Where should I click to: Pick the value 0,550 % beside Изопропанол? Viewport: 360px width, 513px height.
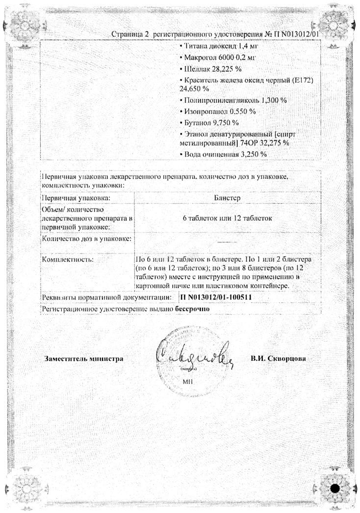click(x=241, y=111)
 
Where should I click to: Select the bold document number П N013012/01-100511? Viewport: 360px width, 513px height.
click(x=216, y=297)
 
